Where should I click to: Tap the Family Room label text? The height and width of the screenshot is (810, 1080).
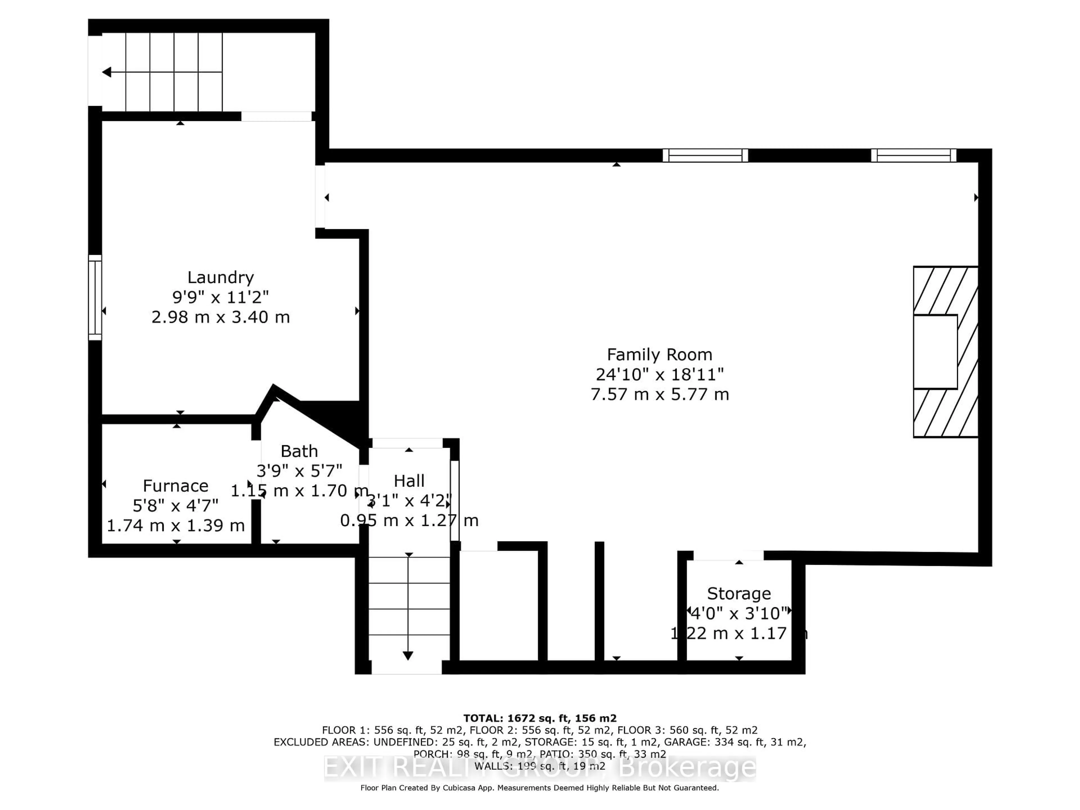pos(659,354)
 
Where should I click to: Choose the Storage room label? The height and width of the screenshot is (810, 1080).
pos(739,594)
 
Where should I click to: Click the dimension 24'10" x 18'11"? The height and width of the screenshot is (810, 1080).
pos(659,375)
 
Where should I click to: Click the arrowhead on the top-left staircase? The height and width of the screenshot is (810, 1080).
pos(106,72)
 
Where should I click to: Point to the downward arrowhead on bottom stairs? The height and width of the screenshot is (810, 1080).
pos(408,656)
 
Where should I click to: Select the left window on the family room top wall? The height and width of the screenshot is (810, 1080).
pos(705,155)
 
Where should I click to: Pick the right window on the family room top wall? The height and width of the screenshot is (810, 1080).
pos(913,155)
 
